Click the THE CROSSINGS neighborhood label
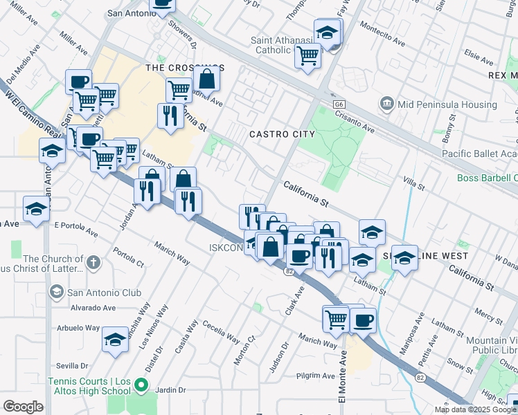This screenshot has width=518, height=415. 184,68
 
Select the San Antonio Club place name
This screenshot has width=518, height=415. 105,293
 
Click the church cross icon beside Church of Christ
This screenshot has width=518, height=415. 93,263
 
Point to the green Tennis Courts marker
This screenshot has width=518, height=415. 141,385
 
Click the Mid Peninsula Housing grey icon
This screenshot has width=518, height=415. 386,104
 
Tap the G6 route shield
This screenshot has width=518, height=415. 338,104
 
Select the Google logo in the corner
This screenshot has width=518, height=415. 23,406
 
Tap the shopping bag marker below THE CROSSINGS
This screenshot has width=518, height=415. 207,80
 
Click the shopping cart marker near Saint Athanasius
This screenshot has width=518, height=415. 307,55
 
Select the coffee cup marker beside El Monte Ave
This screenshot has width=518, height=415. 363,320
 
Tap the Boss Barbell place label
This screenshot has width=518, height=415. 487,178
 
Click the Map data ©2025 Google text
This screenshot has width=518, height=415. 475,409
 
